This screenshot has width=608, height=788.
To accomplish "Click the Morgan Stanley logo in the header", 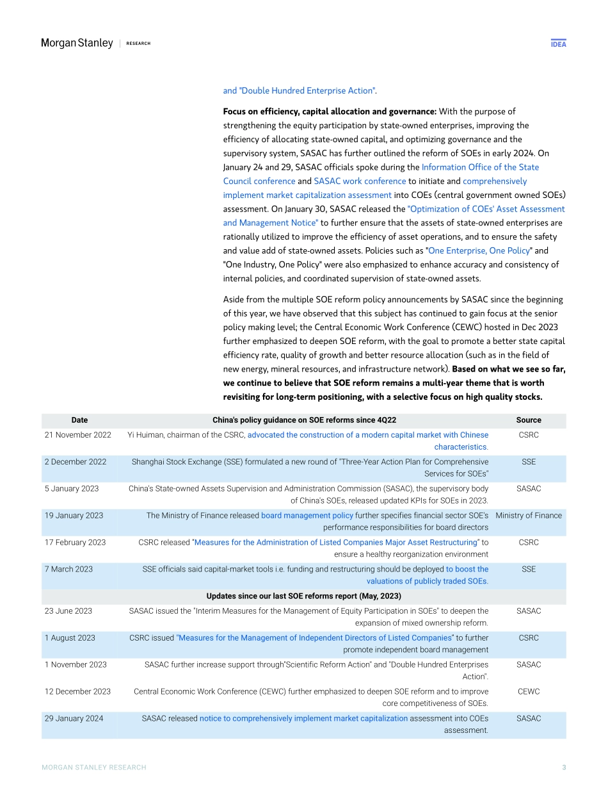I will tap(77, 43).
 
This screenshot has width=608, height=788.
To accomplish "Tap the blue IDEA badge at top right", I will tap(558, 44).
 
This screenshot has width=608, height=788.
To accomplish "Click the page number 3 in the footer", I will tap(563, 767).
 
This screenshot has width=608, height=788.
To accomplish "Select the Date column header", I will tap(79, 420).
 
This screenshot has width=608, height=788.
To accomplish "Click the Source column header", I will tap(528, 420).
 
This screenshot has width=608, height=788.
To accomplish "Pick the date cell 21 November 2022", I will tap(78, 435).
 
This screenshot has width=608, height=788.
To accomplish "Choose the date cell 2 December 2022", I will tap(76, 461).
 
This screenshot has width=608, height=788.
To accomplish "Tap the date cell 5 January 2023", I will tap(72, 489).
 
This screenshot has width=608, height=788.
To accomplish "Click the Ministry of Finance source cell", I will tap(528, 515).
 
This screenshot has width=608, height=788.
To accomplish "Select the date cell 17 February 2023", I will tap(75, 542).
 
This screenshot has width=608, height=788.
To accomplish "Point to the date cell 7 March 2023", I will tap(68, 569).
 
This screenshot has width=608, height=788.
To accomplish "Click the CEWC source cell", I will tap(528, 691).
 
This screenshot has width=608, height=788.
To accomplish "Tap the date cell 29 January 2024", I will tap(74, 718).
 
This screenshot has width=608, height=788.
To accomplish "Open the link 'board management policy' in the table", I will tap(307, 515).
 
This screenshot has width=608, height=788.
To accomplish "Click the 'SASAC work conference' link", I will tap(360, 181).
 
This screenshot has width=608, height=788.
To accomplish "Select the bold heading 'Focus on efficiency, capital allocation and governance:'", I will tap(330, 111).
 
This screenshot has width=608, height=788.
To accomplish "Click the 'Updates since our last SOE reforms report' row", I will tap(304, 596).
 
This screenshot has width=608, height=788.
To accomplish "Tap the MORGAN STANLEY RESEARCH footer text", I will tap(94, 767).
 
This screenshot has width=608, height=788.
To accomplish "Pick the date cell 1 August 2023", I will tap(70, 637).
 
